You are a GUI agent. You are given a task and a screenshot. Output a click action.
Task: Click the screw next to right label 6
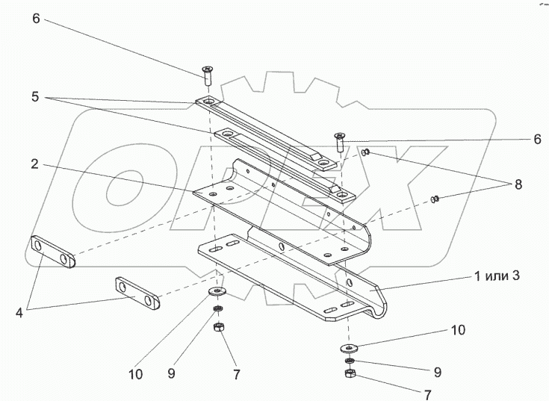(x=340, y=140)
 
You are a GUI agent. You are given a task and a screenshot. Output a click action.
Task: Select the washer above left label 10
(x=217, y=290)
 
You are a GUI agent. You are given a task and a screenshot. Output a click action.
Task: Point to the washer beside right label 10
(x=349, y=347)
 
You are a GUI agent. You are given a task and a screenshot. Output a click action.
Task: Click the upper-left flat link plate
(x=52, y=252)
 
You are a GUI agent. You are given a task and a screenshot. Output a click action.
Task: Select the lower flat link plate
(x=138, y=293)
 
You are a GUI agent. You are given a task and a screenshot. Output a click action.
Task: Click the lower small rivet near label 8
(x=435, y=199)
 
